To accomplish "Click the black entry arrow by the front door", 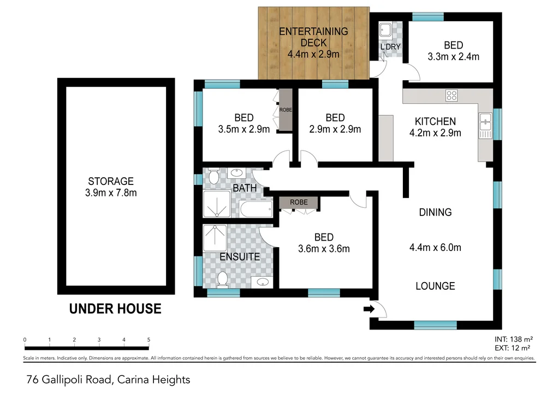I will (x=368, y=309).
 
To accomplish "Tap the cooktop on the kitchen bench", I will (x=451, y=95).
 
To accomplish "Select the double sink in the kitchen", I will (x=484, y=126).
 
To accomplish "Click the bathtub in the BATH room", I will (x=256, y=209).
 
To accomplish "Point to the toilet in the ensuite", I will (x=222, y=279).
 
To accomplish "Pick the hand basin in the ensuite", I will (x=263, y=283).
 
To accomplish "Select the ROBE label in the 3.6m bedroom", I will (x=299, y=202).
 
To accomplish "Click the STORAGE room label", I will (x=111, y=181).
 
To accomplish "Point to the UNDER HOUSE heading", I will (x=115, y=309).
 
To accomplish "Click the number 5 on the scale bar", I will (x=148, y=339).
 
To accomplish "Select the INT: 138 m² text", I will (x=512, y=339).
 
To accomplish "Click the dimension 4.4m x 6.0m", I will (x=435, y=248).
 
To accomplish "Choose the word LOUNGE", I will (x=435, y=286).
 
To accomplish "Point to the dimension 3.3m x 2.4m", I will (x=453, y=56).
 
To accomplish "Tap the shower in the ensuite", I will (x=215, y=237).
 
